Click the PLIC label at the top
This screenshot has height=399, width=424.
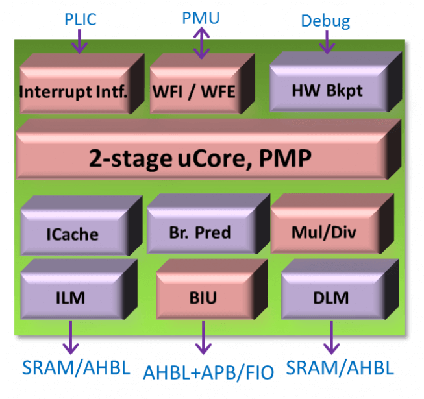(x=80, y=19)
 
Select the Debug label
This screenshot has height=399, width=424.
(x=325, y=21)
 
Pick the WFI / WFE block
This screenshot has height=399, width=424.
(x=193, y=90)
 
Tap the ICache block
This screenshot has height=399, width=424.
(x=72, y=233)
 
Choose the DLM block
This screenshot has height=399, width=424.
(x=331, y=298)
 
